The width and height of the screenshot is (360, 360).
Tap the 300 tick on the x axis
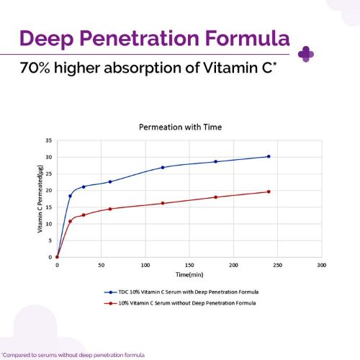[321, 265]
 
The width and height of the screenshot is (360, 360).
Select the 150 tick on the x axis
[189, 265]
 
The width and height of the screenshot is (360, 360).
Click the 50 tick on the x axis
[101, 265]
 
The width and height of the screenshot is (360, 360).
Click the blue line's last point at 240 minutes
[269, 156]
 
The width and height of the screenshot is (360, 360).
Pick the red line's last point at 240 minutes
[269, 192]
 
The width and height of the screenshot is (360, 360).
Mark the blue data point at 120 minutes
[163, 167]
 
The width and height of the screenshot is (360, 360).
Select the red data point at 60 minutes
[110, 209]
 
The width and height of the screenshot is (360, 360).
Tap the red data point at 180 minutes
[215, 197]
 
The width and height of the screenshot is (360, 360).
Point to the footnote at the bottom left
[73, 354]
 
